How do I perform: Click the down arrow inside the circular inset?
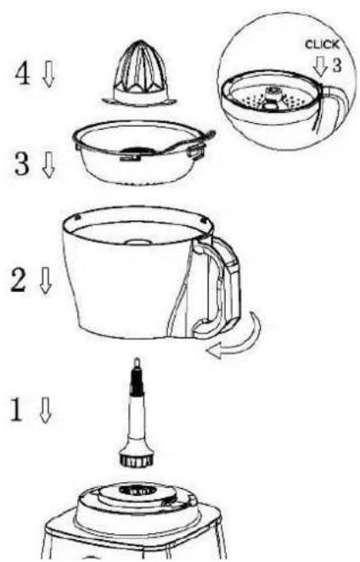(320, 68)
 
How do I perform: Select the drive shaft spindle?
(136, 407)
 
